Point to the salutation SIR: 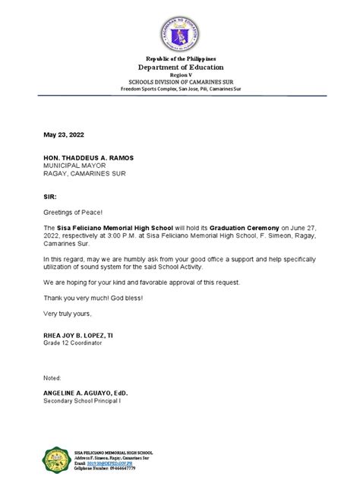[50, 194]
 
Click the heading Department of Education [181, 67]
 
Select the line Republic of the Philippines [181, 58]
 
